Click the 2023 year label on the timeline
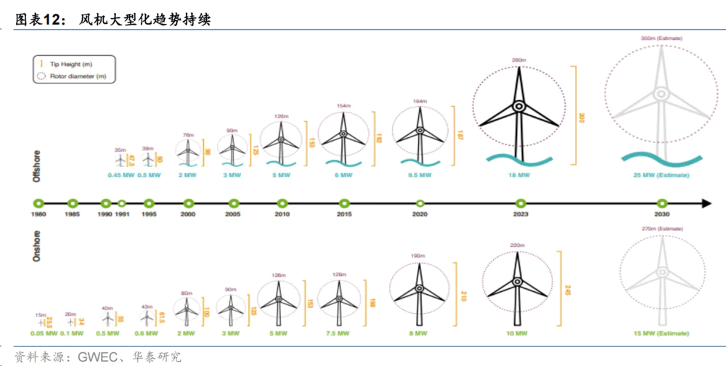tap(519, 215)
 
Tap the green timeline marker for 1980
tap(39, 203)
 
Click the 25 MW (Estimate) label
tap(661, 176)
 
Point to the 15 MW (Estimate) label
tap(661, 333)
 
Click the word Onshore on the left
tap(36, 246)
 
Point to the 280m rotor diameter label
tap(518, 60)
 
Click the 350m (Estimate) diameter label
tap(661, 38)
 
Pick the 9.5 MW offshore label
tap(419, 176)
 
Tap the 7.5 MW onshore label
tap(338, 333)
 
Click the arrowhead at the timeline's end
tap(706, 203)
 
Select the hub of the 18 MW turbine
tap(518, 106)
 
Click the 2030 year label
tap(661, 215)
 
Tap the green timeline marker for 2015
tap(344, 203)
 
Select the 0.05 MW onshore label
tap(43, 333)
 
